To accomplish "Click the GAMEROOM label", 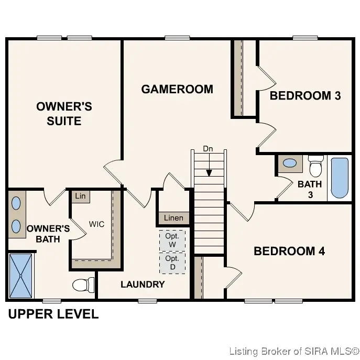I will (177, 89).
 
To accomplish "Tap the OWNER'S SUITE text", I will (64, 114).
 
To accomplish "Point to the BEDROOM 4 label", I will (289, 251).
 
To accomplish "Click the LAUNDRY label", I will (143, 285).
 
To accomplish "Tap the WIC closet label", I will (96, 224).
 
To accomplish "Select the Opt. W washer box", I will (172, 240).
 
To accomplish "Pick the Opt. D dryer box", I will (172, 263).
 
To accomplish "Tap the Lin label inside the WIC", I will (80, 197).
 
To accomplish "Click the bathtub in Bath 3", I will (339, 178).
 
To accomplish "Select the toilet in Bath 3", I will (315, 166).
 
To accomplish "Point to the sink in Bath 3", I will (289, 163).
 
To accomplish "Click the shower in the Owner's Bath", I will (20, 275).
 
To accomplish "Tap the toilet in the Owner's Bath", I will (83, 285).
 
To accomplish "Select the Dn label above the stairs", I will (208, 149).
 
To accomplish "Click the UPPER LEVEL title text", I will (52, 314).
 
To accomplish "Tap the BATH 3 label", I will (309, 189).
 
